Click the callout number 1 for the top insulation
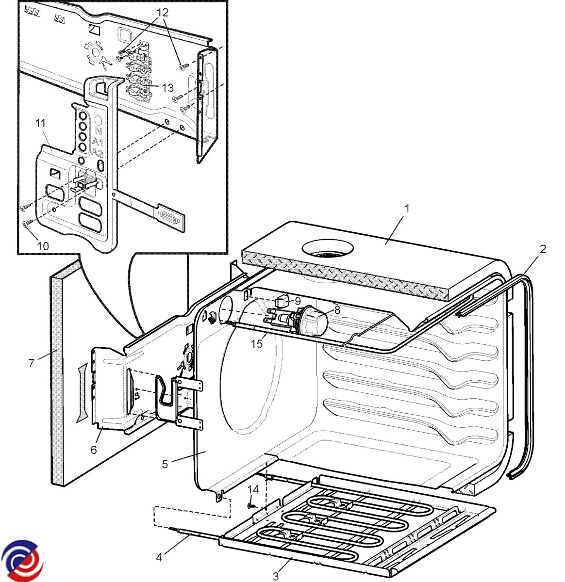[407, 209]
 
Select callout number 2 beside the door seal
[543, 249]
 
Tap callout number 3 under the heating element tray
[276, 576]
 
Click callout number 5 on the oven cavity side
[165, 464]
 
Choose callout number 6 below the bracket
[94, 450]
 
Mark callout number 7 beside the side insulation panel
[32, 362]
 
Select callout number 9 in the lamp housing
[298, 301]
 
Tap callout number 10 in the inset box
[43, 246]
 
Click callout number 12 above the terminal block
[163, 13]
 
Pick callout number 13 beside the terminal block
[167, 88]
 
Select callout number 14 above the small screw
[253, 489]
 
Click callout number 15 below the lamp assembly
[256, 344]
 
